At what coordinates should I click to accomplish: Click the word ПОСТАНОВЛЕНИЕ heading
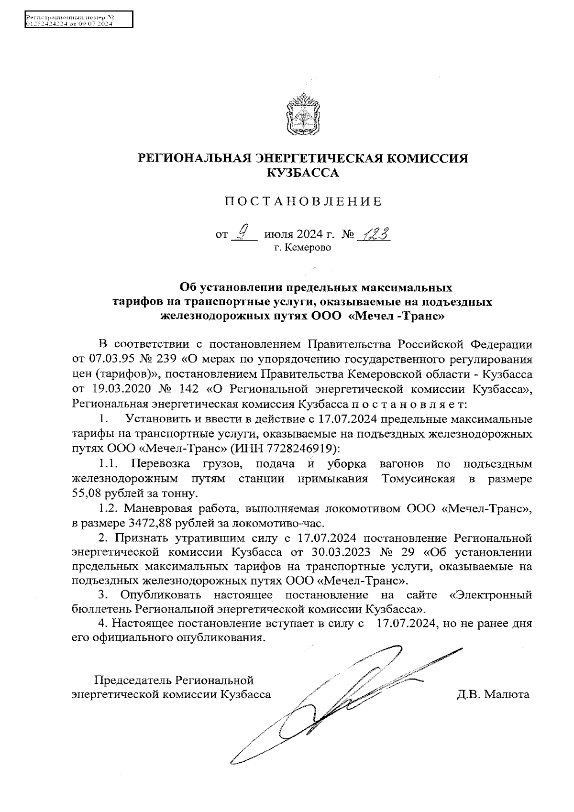tap(303, 202)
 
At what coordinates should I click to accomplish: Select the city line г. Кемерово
tap(302, 248)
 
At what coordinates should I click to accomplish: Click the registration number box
tap(78, 21)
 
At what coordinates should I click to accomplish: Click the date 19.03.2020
tap(116, 388)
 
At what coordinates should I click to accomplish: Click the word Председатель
tap(134, 680)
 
